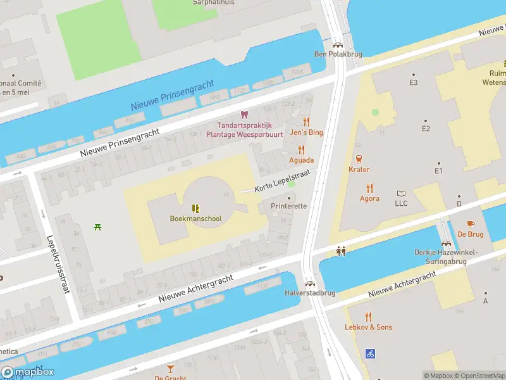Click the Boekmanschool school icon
pos(196,208)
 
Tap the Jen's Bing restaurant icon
pos(307,122)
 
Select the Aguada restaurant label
pos(302,160)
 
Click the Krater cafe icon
pos(359,159)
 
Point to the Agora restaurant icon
pos(370,188)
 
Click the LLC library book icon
pos(401,193)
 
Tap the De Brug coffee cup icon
pos(470,224)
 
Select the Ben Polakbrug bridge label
pos(338,54)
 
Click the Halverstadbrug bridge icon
pos(310,284)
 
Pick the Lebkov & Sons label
pos(368,327)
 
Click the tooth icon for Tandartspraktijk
pos(244,115)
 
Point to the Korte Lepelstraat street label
pos(283,180)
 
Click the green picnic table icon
pos(97,227)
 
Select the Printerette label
pos(288,206)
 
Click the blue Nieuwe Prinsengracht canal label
pos(172,95)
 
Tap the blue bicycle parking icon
pos(371,354)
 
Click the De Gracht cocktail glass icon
pos(170,368)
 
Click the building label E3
pos(414,83)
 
